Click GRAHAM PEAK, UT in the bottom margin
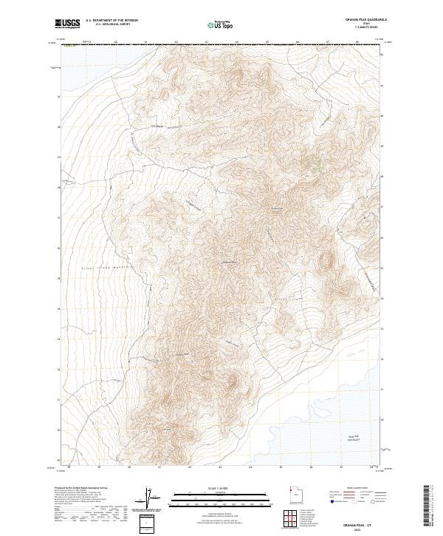367,520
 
